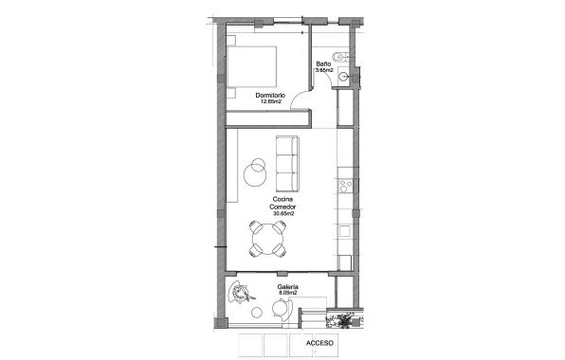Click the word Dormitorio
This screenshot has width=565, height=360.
click(271, 96)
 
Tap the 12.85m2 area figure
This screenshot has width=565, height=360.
click(271, 102)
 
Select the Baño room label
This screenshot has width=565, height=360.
click(323, 64)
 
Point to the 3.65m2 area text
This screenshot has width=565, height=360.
click(323, 71)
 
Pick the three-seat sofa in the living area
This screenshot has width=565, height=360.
click(285, 163)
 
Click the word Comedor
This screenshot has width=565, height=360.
click(282, 207)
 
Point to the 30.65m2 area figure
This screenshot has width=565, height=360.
click(282, 214)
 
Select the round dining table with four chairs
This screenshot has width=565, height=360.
click(266, 239)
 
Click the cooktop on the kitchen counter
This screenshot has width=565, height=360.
click(346, 184)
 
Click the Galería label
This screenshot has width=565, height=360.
click(288, 286)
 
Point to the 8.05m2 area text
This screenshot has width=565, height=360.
click(288, 293)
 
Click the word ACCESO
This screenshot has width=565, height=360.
click(319, 344)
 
